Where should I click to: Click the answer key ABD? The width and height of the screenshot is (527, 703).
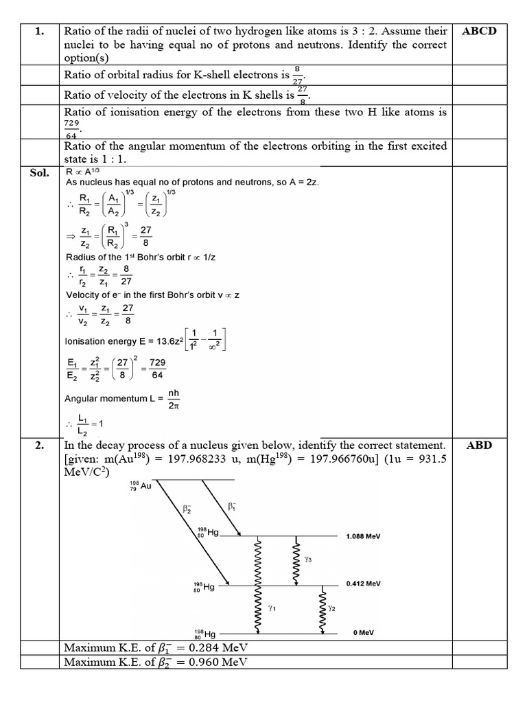[x=480, y=445]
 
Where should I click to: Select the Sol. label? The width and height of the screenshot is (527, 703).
[x=39, y=172]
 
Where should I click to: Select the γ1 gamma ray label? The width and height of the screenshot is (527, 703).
[x=272, y=608]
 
